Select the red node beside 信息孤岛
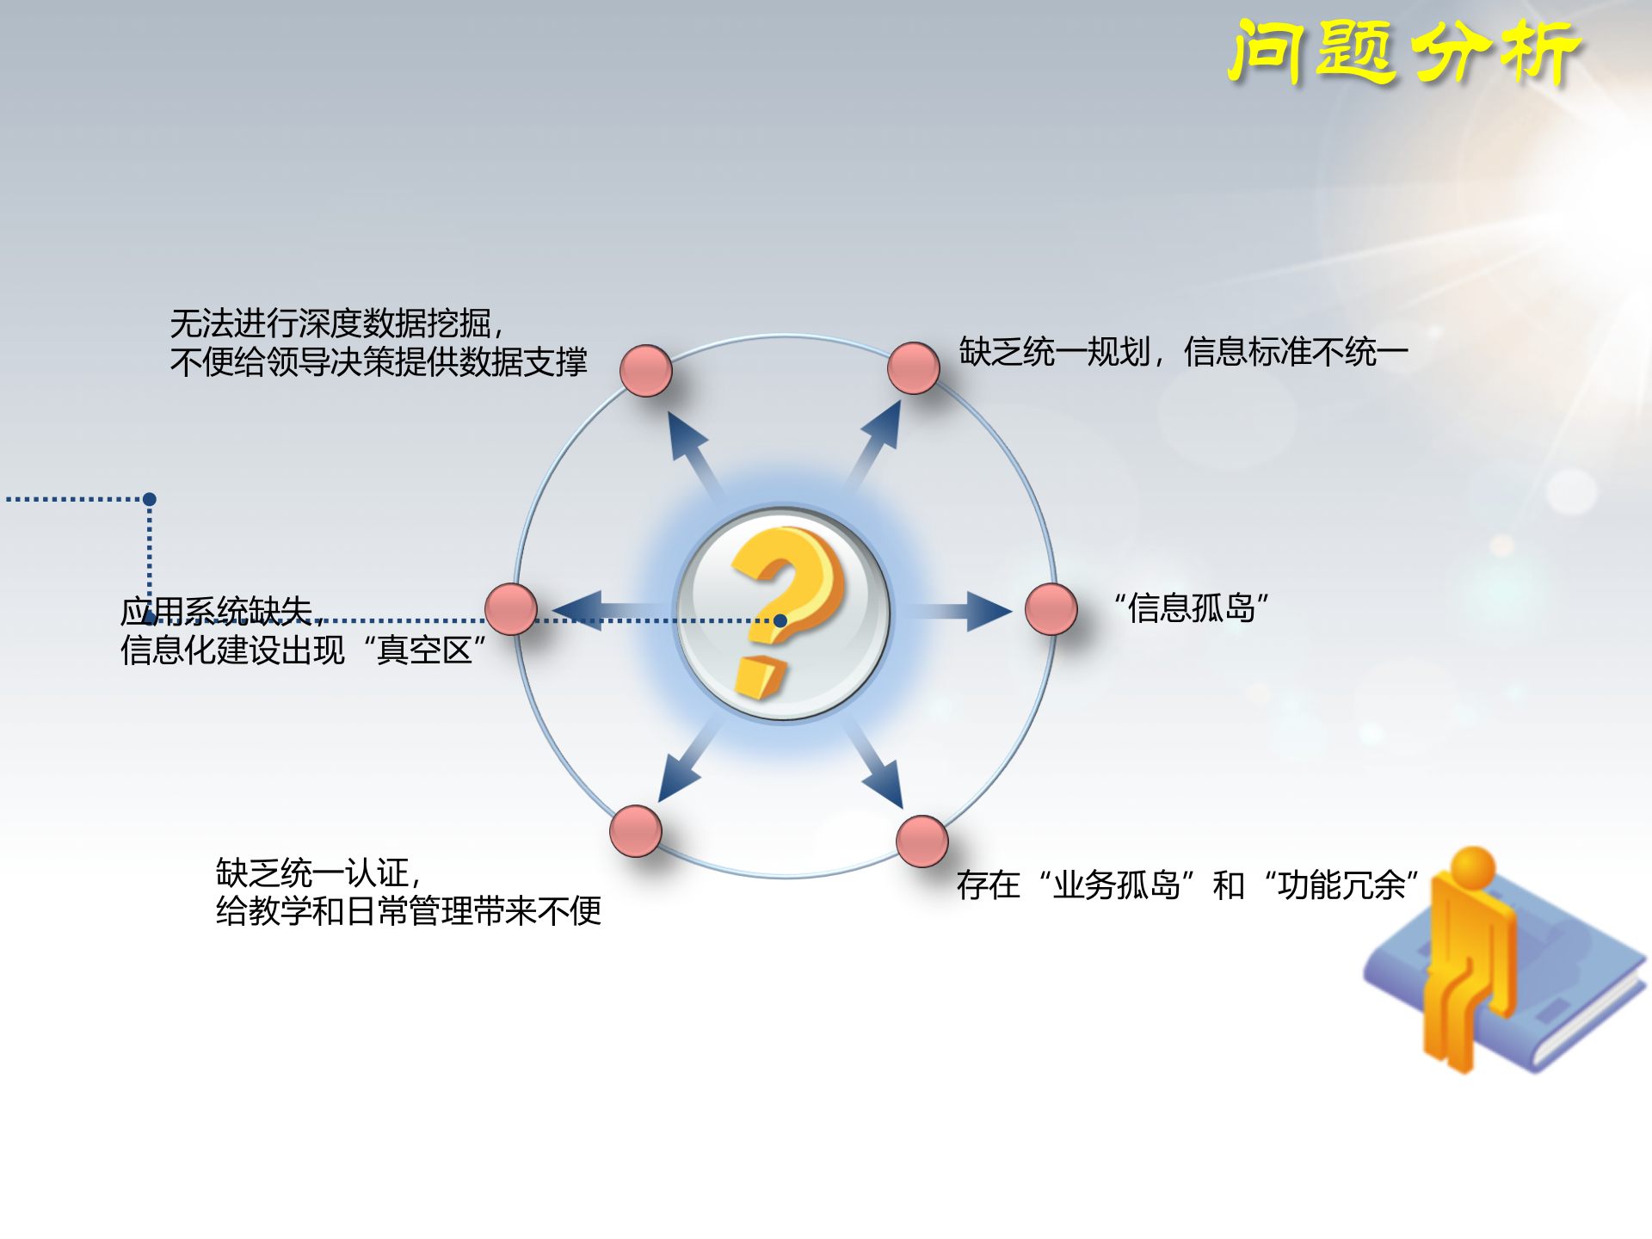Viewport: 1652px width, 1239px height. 1051,609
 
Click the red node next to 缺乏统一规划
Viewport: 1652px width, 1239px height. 913,368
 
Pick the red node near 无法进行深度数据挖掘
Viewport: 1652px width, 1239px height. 645,371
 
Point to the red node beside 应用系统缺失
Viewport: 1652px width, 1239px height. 511,609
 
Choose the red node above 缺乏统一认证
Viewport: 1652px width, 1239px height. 635,831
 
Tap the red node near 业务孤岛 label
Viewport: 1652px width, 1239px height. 922,841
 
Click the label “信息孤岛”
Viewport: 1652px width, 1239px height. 1192,608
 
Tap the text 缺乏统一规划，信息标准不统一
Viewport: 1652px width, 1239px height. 1183,352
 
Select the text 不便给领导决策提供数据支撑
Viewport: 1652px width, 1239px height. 379,362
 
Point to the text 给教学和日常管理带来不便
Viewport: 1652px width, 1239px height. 408,911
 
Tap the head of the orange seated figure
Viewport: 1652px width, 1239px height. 1472,866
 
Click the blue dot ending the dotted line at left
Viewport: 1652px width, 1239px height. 150,499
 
